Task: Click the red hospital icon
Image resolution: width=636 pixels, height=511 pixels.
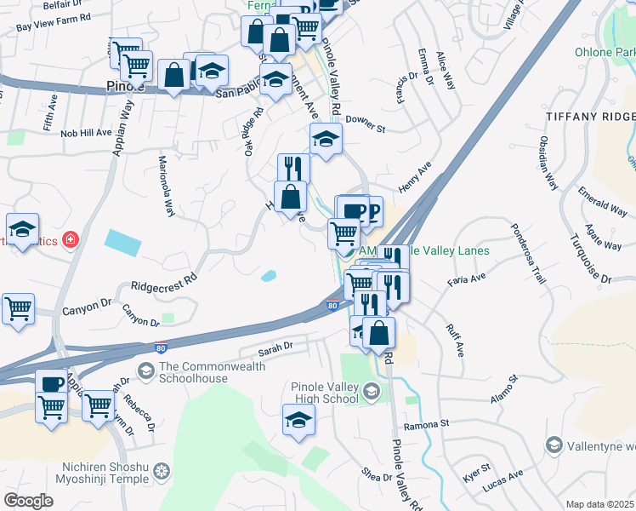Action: (70, 240)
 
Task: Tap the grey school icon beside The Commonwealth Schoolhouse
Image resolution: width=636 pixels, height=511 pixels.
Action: (146, 370)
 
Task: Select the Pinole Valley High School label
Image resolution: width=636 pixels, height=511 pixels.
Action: (324, 393)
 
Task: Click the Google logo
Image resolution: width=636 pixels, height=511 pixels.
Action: (28, 501)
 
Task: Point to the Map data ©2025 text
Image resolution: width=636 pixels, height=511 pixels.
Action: (599, 504)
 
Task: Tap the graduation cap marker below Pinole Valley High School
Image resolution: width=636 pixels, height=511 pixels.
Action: (298, 418)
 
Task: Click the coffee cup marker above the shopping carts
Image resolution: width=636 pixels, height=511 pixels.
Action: (51, 384)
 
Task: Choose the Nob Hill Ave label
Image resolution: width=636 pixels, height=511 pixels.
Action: (85, 133)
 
